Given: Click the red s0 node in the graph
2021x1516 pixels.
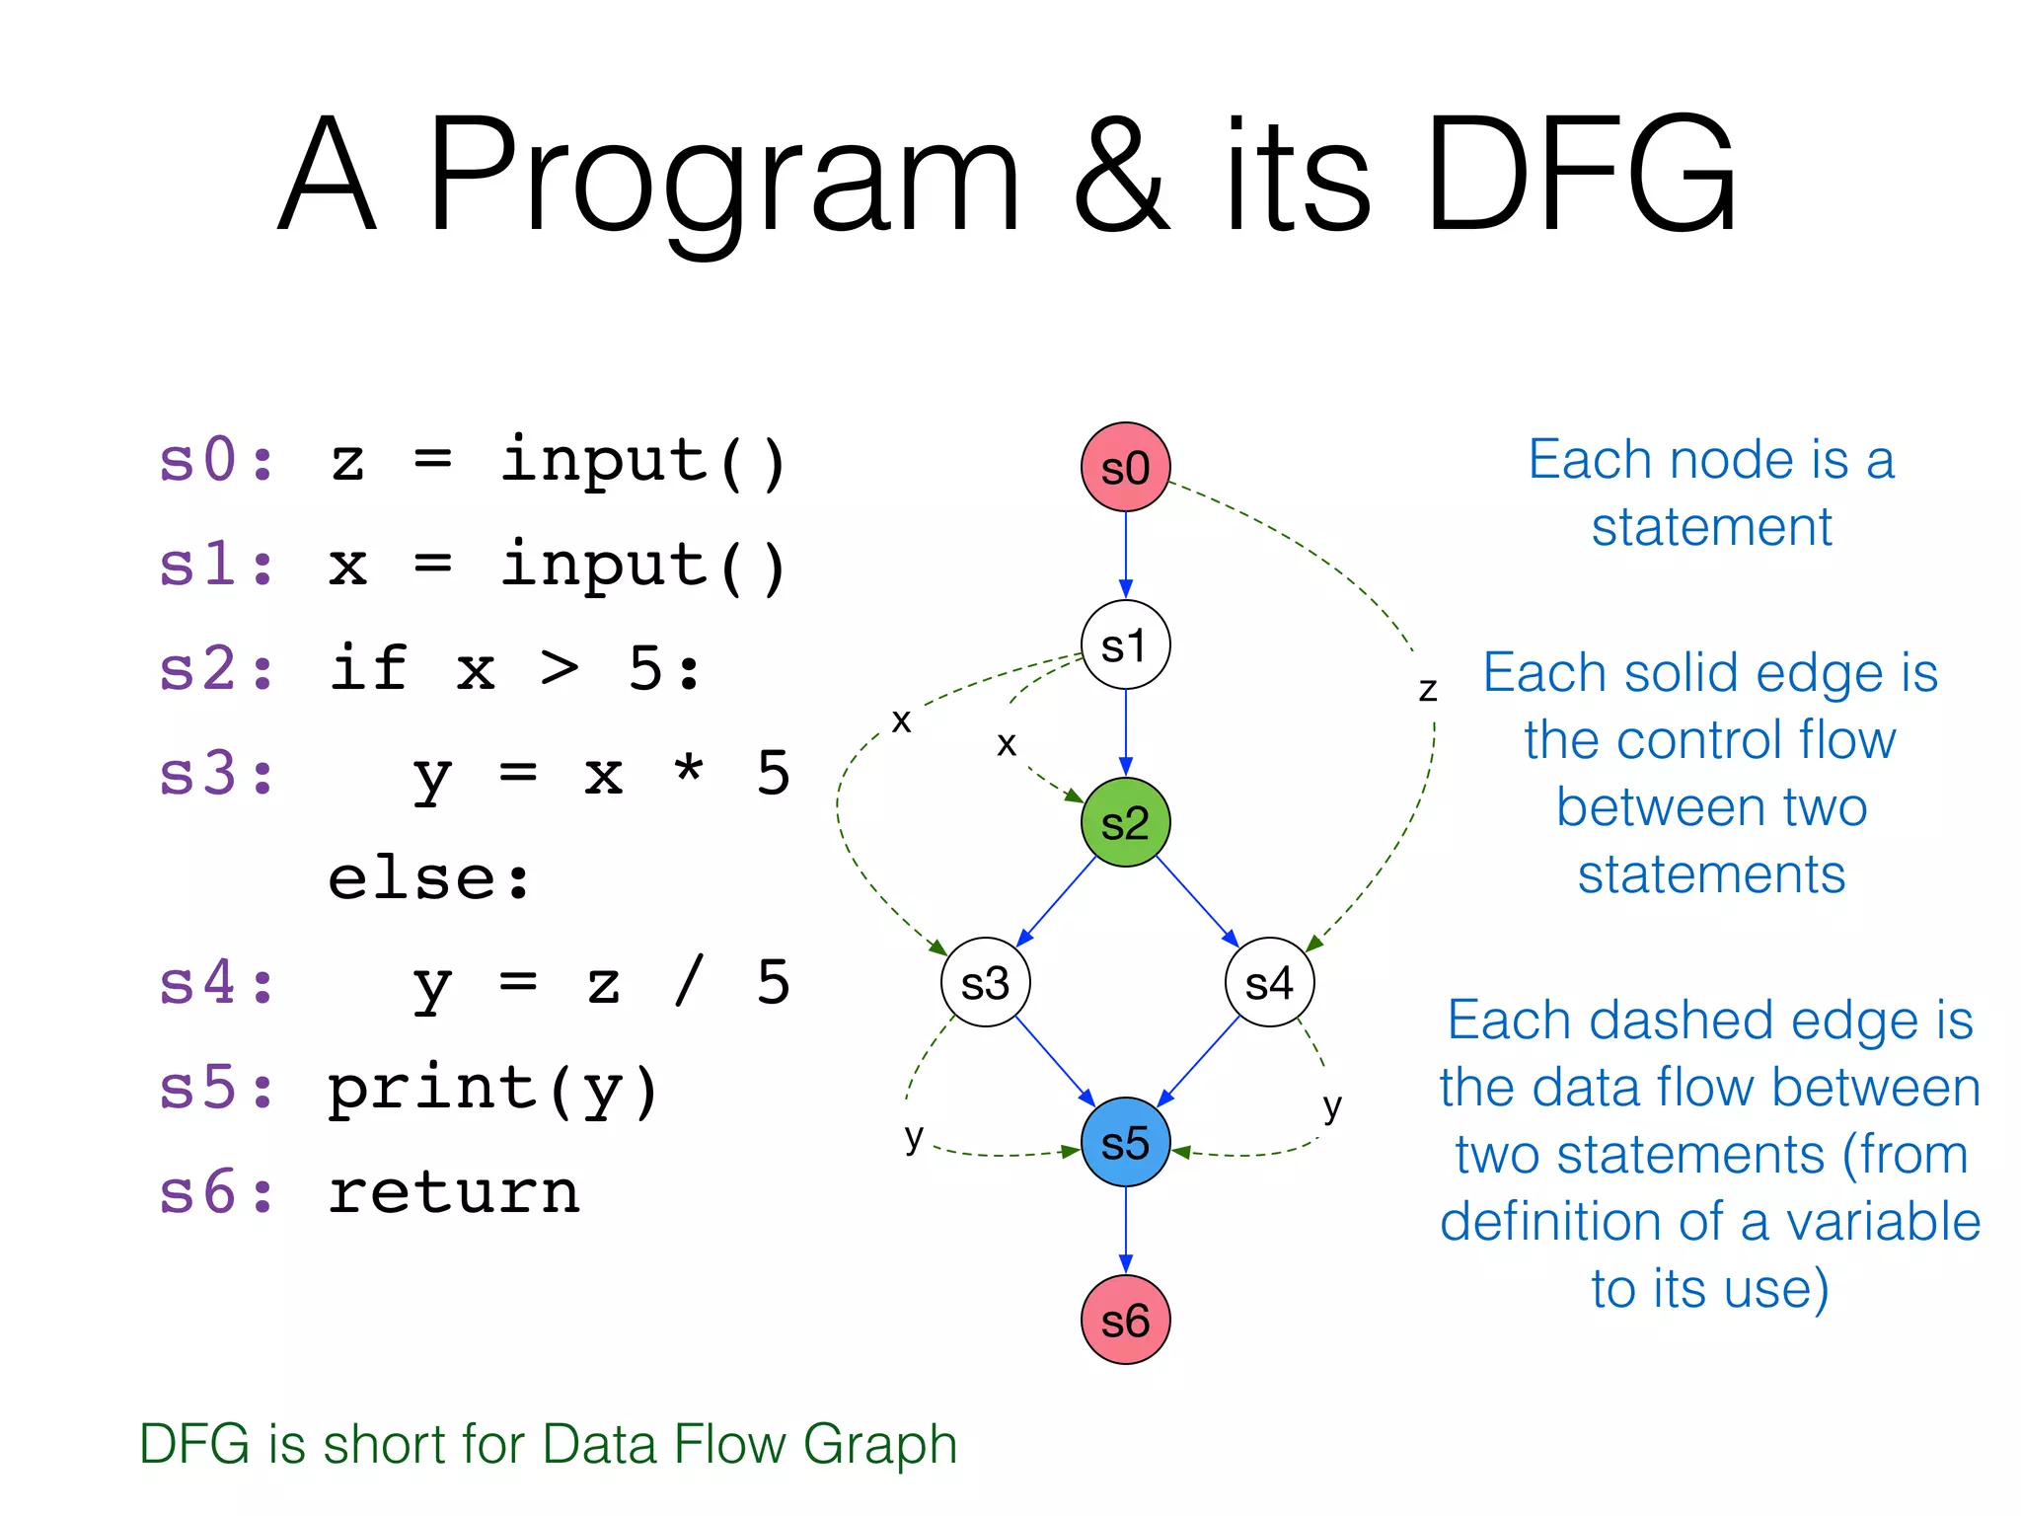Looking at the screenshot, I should pyautogui.click(x=1125, y=468).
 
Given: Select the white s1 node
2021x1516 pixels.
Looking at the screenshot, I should pyautogui.click(x=1125, y=645).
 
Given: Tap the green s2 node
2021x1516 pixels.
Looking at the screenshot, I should pyautogui.click(x=1125, y=823).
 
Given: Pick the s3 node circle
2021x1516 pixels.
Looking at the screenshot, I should pyautogui.click(x=985, y=983).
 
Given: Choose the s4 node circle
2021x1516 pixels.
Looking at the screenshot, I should pyautogui.click(x=1269, y=983).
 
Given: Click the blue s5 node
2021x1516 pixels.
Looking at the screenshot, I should pyautogui.click(x=1125, y=1143).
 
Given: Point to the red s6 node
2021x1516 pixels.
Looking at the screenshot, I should pyautogui.click(x=1125, y=1321).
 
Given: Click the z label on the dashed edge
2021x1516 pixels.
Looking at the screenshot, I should pyautogui.click(x=1428, y=689).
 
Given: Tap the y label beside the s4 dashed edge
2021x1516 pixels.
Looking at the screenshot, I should pyautogui.click(x=1332, y=1107).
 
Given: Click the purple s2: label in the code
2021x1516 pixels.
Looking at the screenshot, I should pyautogui.click(x=216, y=668).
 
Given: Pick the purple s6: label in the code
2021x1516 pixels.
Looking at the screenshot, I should pyautogui.click(x=216, y=1191).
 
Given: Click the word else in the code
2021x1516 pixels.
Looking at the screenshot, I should pyautogui.click(x=430, y=878).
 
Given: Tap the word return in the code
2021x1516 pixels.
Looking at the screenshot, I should pyautogui.click(x=454, y=1191).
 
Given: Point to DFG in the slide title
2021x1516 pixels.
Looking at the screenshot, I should pyautogui.click(x=1579, y=176).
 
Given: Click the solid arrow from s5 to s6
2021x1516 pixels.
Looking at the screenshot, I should pyautogui.click(x=1126, y=1230).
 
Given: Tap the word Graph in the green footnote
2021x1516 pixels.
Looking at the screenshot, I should pyautogui.click(x=880, y=1445).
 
